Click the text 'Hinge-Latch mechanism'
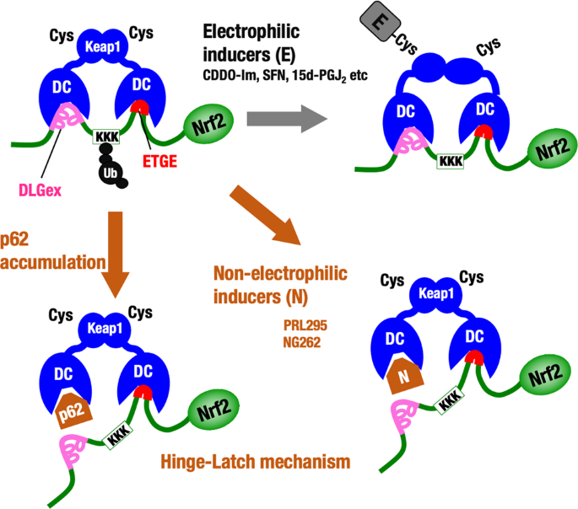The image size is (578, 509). coord(254,462)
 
